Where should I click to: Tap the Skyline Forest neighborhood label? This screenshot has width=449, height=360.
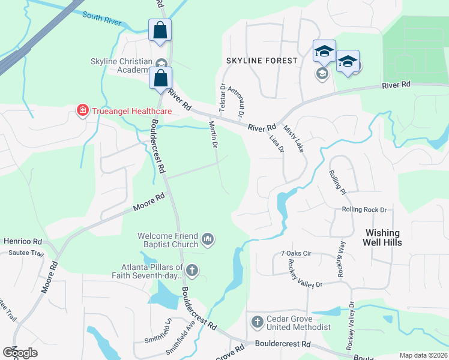click(261, 61)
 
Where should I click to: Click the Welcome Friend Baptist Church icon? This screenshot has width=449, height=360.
click(208, 240)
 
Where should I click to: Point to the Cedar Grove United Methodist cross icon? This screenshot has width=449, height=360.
click(257, 322)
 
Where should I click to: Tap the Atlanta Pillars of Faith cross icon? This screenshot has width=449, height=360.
click(192, 271)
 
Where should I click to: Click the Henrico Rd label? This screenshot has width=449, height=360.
click(22, 241)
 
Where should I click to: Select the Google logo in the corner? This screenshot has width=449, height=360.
click(20, 353)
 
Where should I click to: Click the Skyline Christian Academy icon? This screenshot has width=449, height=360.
click(160, 64)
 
